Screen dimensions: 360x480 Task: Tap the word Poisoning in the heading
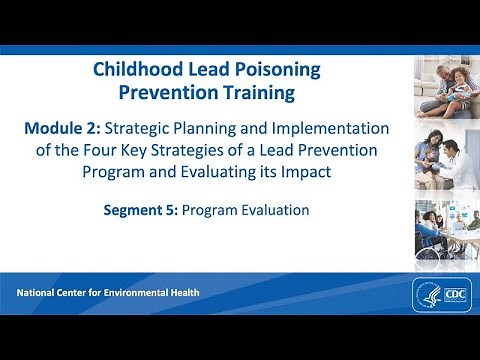(x=276, y=70)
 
